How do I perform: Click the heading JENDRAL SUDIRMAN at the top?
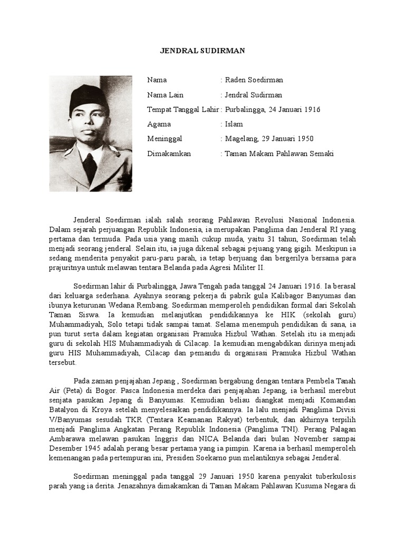click(x=202, y=51)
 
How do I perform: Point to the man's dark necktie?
click(x=90, y=166)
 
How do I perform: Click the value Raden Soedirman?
click(x=254, y=80)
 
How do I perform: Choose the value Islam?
click(x=234, y=124)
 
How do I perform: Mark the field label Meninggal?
click(x=165, y=139)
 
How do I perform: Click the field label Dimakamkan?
click(x=169, y=154)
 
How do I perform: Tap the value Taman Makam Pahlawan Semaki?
click(x=279, y=154)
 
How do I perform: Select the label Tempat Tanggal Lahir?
click(x=183, y=110)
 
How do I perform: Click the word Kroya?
click(x=102, y=410)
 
